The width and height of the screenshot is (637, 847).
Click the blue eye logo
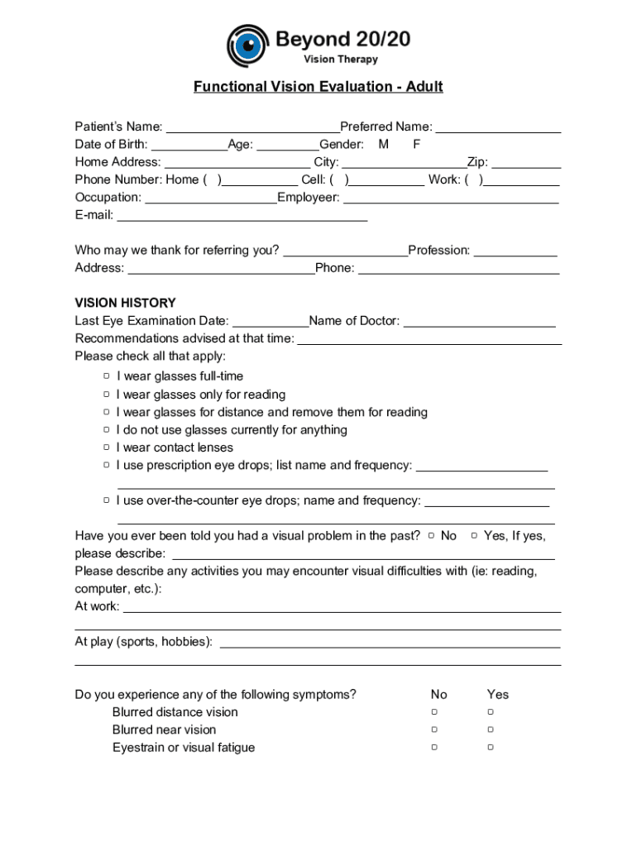point(248,46)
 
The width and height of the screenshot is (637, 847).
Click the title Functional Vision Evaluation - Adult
point(318,87)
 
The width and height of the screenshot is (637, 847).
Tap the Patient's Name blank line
point(252,128)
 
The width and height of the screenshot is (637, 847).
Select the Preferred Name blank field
point(498,128)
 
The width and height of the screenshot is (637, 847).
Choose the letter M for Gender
point(384,145)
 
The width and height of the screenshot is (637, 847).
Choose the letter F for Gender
point(417,145)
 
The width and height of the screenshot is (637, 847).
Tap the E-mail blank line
point(242,217)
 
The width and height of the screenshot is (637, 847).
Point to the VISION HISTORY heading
point(125,303)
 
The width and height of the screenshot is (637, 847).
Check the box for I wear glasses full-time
point(107,376)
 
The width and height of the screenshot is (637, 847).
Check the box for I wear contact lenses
point(107,447)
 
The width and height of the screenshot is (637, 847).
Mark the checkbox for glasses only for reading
point(107,395)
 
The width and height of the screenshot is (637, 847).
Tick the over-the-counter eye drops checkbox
point(107,500)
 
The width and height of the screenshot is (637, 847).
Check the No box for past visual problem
point(432,536)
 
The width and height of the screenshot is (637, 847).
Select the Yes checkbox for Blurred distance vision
point(490,712)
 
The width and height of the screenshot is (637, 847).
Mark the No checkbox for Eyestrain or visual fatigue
point(433,748)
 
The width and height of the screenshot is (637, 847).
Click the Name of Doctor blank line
point(479,323)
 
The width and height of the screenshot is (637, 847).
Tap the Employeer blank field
point(451,199)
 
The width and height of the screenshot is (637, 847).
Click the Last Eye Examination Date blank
point(270,323)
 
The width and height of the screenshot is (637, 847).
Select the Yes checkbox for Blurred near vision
point(490,730)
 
